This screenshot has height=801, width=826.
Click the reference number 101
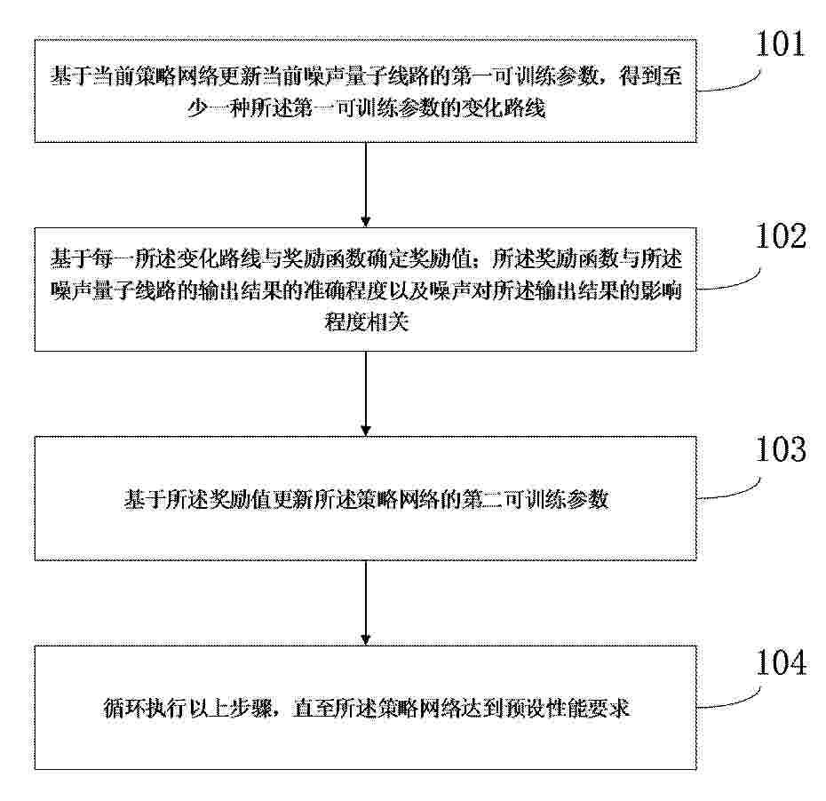point(780,44)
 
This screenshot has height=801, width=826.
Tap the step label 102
point(781,235)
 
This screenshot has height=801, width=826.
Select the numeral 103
point(781,449)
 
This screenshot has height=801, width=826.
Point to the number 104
point(781,662)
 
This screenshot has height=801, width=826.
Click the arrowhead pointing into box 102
point(366,222)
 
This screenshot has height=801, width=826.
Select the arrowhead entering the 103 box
point(366,431)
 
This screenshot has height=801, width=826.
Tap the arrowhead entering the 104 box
point(366,639)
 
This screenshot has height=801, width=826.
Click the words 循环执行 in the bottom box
point(145,708)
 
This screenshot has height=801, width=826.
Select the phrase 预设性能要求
point(567,708)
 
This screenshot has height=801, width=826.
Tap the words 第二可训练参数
point(536,499)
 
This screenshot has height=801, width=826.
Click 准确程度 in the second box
point(345,290)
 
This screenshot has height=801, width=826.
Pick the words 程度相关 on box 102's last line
point(366,321)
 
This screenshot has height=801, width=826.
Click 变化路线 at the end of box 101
point(503,108)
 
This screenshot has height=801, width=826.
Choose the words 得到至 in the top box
point(650,76)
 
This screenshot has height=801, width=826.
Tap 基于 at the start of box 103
point(145,499)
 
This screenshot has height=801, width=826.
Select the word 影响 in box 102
point(661,290)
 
